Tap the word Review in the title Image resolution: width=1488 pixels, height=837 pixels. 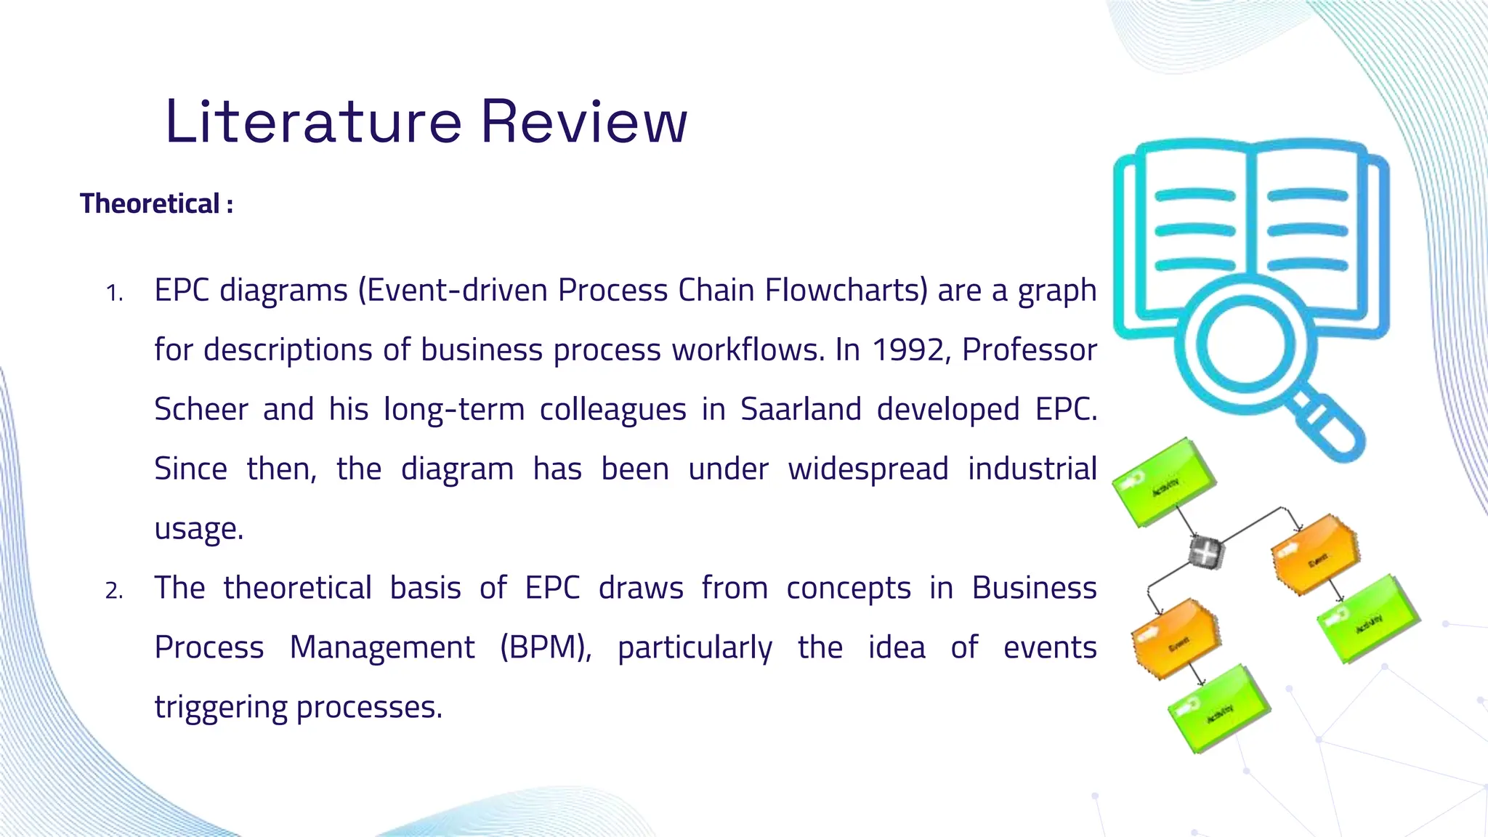click(x=583, y=121)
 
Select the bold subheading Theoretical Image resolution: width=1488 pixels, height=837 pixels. click(x=150, y=204)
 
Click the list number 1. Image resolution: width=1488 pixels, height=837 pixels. click(x=114, y=293)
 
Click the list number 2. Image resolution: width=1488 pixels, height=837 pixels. click(x=114, y=591)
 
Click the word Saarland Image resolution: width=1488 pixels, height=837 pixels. click(x=801, y=410)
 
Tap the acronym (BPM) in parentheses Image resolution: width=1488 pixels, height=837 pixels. click(x=546, y=647)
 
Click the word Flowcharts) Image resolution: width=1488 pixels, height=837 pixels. click(x=846, y=291)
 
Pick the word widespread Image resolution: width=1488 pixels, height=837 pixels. click(x=868, y=469)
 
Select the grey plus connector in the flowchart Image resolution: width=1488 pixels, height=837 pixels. click(x=1205, y=553)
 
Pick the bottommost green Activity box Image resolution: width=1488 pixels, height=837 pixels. click(x=1218, y=709)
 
